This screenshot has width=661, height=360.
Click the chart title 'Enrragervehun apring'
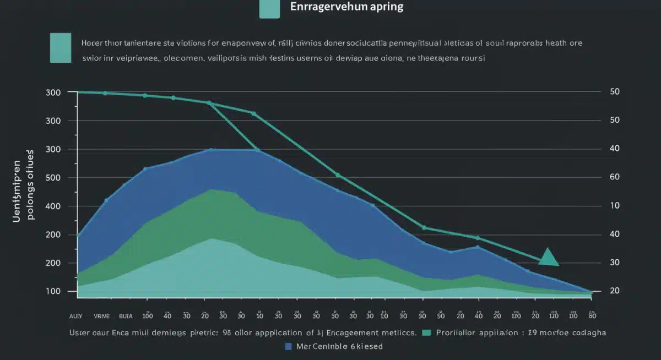pos(346,7)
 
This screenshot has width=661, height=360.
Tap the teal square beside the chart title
pos(269,9)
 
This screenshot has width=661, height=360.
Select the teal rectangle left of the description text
pos(60,48)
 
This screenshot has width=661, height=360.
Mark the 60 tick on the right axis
pos(615,177)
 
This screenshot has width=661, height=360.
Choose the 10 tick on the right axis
pos(615,206)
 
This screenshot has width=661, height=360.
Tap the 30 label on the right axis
pos(615,263)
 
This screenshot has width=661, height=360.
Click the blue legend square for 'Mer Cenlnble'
pos(288,346)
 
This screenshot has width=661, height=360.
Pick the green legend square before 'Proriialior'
pos(425,332)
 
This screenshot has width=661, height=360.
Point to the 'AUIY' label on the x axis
pos(75,317)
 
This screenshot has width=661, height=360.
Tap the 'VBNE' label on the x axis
pos(102,317)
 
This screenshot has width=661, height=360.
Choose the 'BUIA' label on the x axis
pos(126,317)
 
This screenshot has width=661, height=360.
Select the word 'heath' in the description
pos(551,42)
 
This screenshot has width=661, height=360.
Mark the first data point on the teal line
pos(79,92)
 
